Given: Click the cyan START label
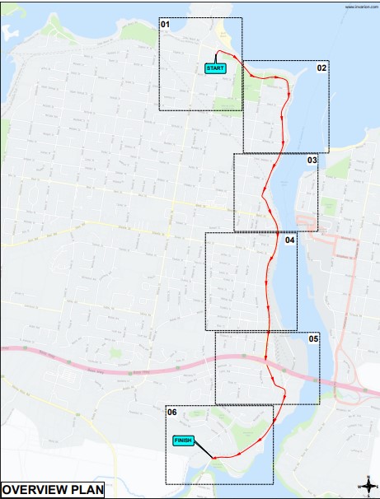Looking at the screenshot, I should tap(215, 68).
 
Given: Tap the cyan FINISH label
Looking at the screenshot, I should tap(183, 441).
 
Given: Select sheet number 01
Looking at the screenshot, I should tap(165, 25).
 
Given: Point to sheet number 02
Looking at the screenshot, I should tap(321, 68).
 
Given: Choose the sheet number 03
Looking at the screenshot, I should tap(312, 161).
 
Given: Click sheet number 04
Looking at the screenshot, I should tap(290, 240).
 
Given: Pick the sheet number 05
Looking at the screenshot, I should tap(313, 338).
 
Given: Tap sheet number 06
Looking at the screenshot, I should tap(171, 412).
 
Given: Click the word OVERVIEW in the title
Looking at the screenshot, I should tap(38, 490).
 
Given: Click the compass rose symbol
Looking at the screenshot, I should tap(366, 484).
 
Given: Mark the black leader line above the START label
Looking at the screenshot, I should tap(216, 58).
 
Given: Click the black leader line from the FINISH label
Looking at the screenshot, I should tap(204, 450).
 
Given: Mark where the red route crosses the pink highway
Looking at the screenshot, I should tap(267, 358).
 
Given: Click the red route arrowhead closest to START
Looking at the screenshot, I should tap(237, 58).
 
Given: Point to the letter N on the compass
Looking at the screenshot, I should tap(366, 477).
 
